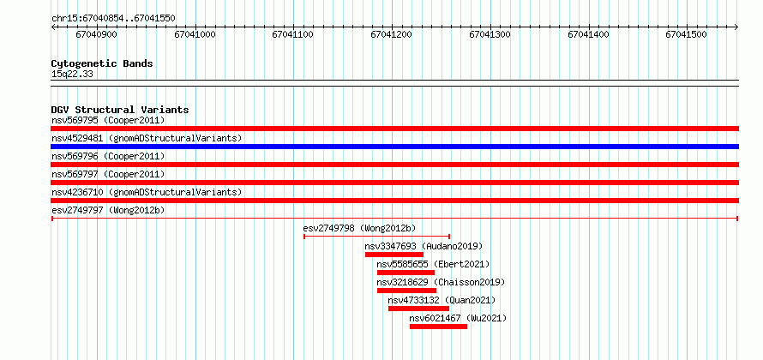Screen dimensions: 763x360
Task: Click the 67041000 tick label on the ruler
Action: pyautogui.click(x=195, y=34)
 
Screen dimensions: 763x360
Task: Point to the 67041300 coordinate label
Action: pyautogui.click(x=490, y=34)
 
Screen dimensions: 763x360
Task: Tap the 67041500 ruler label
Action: pyautogui.click(x=687, y=34)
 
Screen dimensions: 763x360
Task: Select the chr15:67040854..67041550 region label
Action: pyautogui.click(x=113, y=19)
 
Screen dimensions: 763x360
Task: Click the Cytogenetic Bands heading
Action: pyautogui.click(x=102, y=63)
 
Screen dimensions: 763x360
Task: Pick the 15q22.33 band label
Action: pyautogui.click(x=72, y=75)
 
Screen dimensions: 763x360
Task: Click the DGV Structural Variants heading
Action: pyautogui.click(x=120, y=110)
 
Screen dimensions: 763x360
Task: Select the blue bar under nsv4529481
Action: pyautogui.click(x=394, y=147)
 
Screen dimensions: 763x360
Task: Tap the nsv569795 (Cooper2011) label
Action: pyautogui.click(x=108, y=120)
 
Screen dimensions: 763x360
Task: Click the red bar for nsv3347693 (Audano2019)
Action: pyautogui.click(x=394, y=255)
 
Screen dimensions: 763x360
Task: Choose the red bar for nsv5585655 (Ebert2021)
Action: pyautogui.click(x=406, y=273)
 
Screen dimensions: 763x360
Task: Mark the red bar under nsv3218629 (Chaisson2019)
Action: pyautogui.click(x=407, y=291)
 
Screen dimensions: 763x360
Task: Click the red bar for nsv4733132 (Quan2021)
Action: pyautogui.click(x=418, y=309)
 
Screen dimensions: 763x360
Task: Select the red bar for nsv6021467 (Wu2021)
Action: pyautogui.click(x=438, y=327)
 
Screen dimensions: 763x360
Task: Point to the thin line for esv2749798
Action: pyautogui.click(x=376, y=237)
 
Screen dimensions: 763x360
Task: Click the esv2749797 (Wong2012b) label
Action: pyautogui.click(x=108, y=210)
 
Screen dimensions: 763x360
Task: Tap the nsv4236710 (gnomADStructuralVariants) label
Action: pyautogui.click(x=147, y=192)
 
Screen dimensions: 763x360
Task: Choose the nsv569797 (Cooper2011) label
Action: pyautogui.click(x=108, y=174)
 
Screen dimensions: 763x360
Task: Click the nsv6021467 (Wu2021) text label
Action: pyautogui.click(x=458, y=318)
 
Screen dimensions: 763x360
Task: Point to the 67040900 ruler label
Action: pyautogui.click(x=97, y=34)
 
